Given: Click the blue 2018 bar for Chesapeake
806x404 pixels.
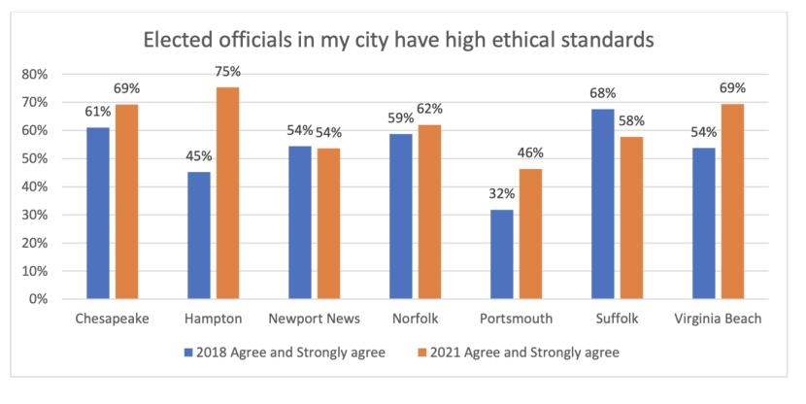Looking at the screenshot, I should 97,213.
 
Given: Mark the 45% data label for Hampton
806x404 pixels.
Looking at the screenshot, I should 198,156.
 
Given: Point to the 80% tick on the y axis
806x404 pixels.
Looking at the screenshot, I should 36,74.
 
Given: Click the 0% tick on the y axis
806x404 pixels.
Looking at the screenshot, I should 40,299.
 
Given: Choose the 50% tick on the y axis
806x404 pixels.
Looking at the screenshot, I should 36,158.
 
